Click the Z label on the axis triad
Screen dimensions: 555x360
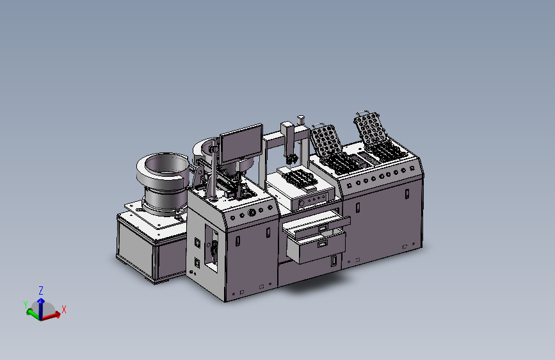click(x=41, y=291)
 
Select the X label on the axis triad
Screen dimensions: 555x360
click(x=64, y=309)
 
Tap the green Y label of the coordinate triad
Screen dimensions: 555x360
click(x=26, y=305)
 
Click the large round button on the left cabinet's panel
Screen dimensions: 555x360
click(x=252, y=213)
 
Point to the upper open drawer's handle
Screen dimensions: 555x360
click(x=323, y=229)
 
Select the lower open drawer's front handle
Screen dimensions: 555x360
click(x=323, y=244)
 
